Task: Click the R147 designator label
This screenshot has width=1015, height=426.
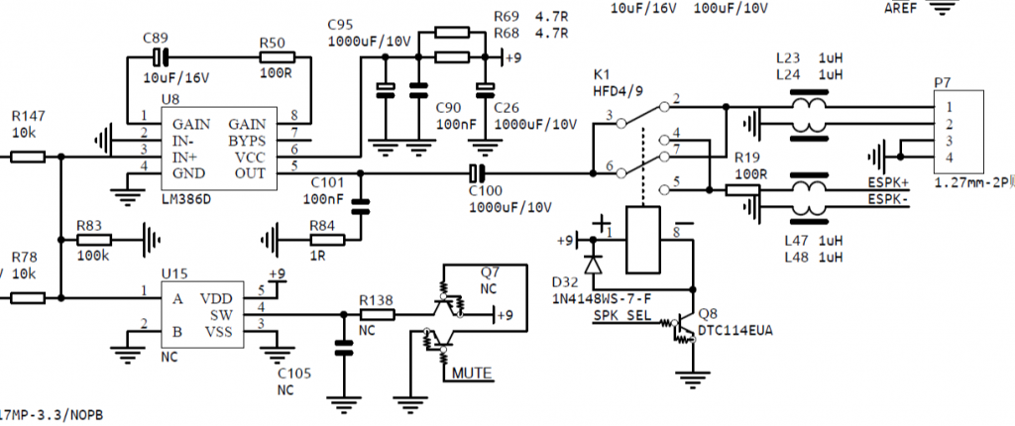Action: pos(28,116)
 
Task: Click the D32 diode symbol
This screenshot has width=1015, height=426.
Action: pos(594,264)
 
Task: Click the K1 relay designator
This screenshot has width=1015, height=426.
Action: pos(602,74)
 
